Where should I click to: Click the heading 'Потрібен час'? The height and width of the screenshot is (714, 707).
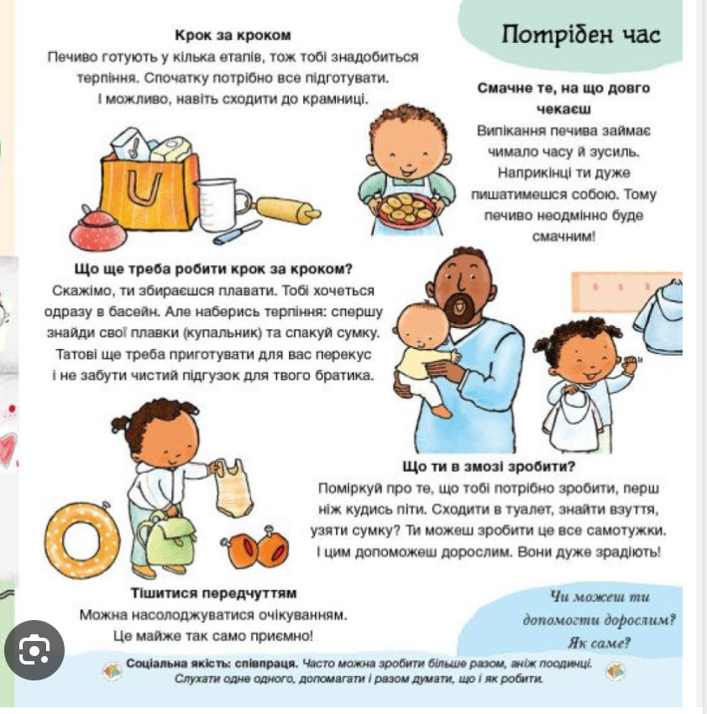580,34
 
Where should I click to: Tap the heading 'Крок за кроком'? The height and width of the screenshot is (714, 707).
233,35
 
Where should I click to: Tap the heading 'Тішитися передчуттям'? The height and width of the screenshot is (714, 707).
213,593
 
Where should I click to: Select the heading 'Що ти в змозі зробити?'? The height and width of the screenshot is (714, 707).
494,466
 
